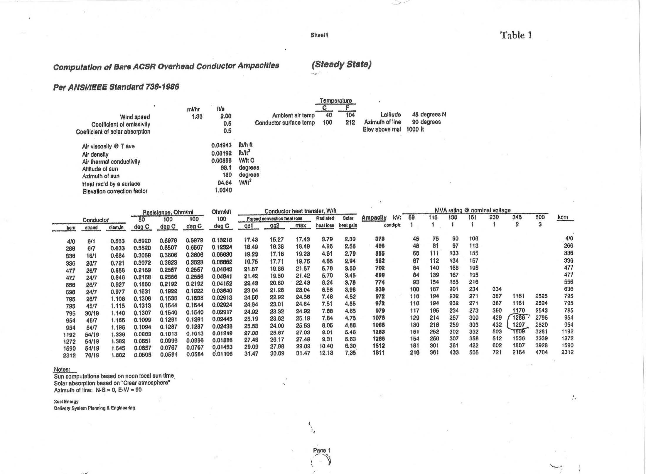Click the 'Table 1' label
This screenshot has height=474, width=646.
516,35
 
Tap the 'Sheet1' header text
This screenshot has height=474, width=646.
319,35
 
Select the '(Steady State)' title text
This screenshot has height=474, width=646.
341,64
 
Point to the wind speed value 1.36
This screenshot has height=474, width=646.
197,117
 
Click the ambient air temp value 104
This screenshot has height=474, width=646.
350,115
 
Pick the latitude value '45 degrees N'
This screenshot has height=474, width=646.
429,114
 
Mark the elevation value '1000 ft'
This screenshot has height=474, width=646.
415,129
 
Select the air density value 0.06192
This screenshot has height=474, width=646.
221,153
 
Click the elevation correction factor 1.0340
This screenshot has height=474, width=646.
223,190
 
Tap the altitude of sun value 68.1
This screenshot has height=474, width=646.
226,168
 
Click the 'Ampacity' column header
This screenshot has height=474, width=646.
374,218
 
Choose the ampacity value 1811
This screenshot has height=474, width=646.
379,352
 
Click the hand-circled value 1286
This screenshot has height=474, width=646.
518,318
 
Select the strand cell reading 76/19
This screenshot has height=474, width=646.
92,355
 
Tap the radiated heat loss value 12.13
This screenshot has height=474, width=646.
326,353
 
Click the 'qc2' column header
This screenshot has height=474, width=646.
274,226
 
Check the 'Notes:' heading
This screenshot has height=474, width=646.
62,370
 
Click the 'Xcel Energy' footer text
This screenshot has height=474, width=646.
66,402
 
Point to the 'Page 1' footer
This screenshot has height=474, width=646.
321,450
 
